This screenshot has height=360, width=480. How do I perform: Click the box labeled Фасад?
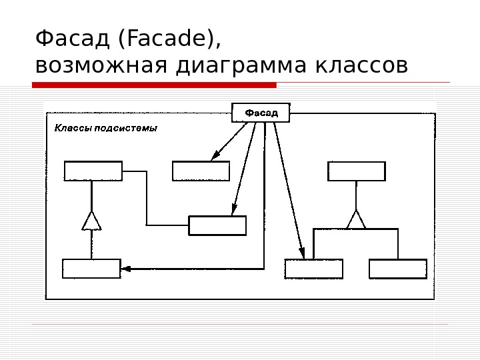261,113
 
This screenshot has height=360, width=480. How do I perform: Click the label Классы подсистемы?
105,128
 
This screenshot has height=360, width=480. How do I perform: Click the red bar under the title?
154,85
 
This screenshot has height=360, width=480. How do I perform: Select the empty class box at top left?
93,171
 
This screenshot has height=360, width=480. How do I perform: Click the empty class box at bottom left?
91,269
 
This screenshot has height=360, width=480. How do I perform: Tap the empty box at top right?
357,171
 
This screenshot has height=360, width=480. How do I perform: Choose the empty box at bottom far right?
398,269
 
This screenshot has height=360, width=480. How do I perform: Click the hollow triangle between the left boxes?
91,221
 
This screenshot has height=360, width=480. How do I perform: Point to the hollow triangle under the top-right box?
357,219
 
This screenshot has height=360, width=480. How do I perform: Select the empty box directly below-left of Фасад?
201,171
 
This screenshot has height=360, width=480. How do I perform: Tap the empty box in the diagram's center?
217,225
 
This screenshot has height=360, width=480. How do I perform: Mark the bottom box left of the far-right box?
313,269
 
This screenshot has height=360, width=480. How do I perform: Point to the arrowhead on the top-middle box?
215,157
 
